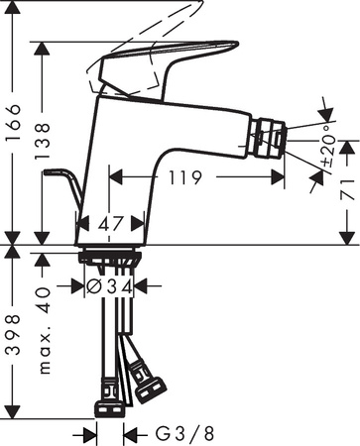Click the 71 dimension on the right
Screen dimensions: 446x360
tap(346, 189)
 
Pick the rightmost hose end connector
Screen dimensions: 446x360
tap(151, 386)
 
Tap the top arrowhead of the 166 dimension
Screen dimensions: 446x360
tap(39, 45)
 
